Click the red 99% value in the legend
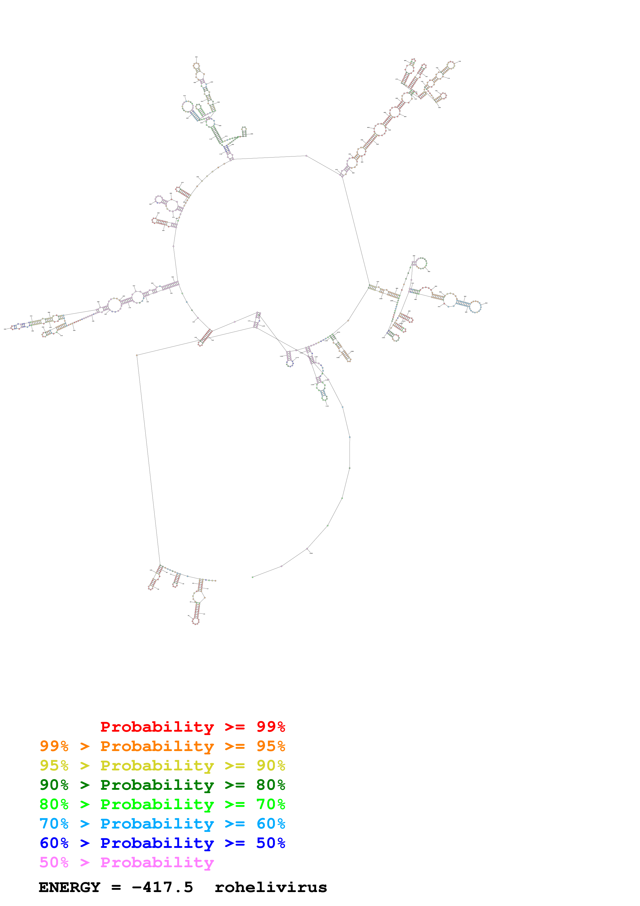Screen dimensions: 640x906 [x=271, y=727]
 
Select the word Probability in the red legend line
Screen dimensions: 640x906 [x=157, y=727]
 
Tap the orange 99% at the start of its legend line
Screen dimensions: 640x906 [x=54, y=746]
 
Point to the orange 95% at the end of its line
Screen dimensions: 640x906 [x=271, y=746]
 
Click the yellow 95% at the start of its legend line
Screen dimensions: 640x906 [x=54, y=765]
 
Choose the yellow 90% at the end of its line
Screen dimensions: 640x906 [x=271, y=765]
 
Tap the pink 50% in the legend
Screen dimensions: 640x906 [x=54, y=862]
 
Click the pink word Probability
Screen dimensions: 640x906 [x=157, y=862]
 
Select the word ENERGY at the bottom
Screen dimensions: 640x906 [x=69, y=887]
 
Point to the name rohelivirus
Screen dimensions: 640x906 [x=271, y=887]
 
